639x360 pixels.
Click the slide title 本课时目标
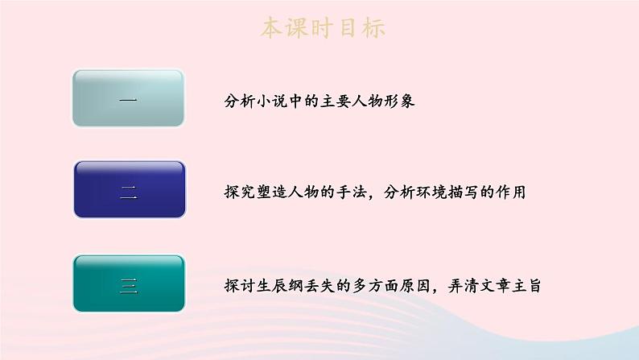coord(323,27)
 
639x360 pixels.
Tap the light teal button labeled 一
coord(129,98)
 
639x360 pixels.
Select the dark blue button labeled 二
coord(129,190)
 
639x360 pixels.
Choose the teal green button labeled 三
coord(129,283)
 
